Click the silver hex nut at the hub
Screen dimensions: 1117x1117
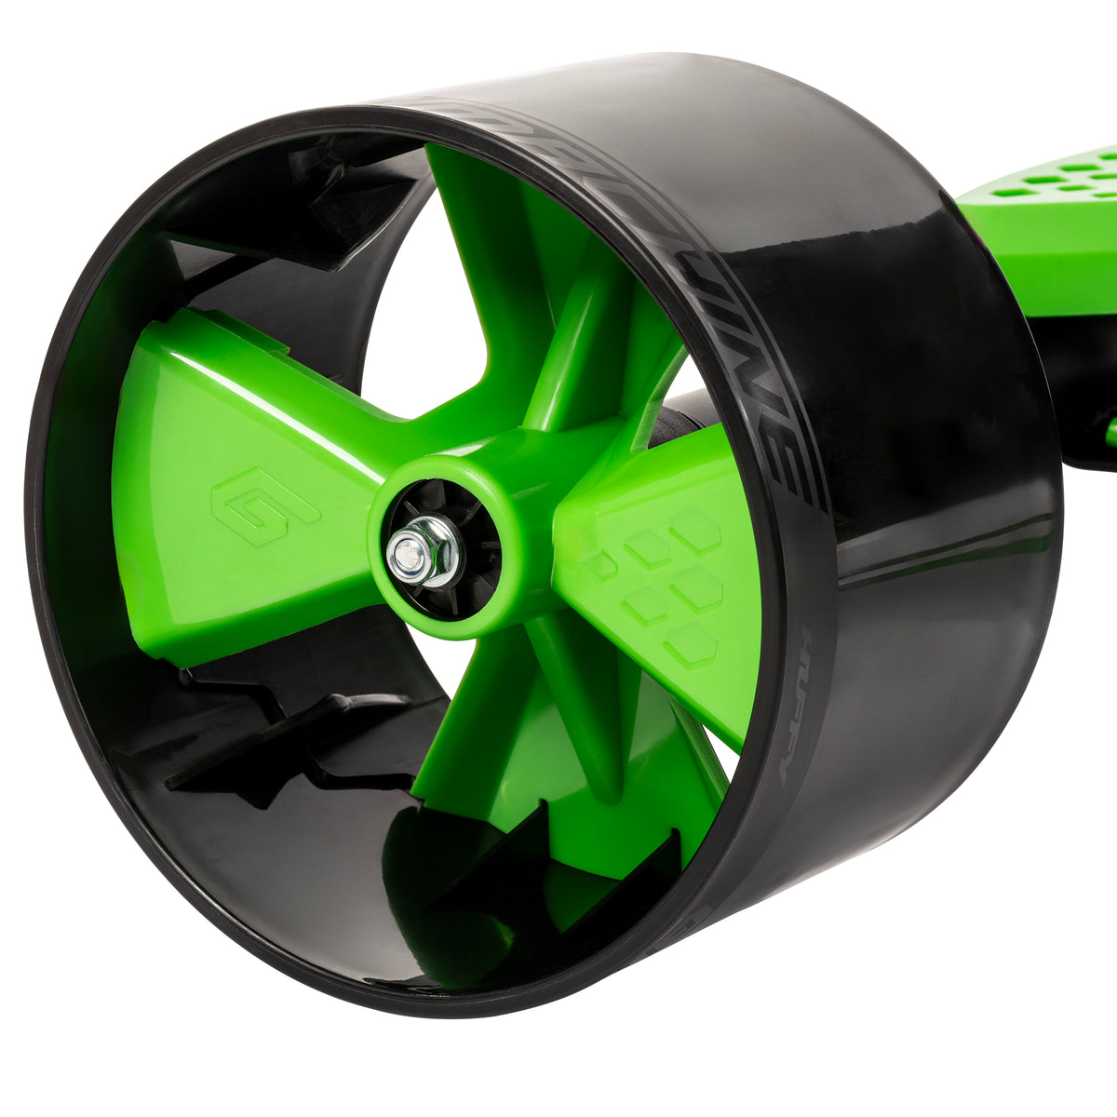[x=424, y=551]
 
